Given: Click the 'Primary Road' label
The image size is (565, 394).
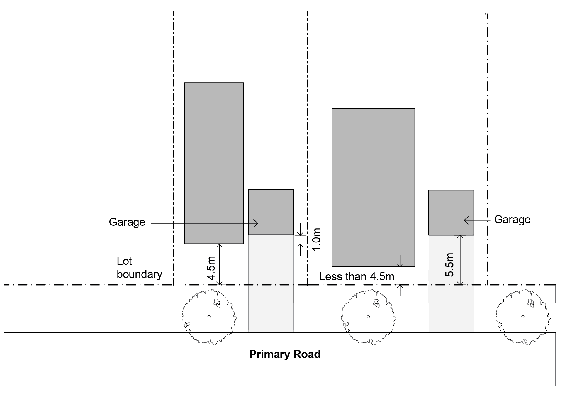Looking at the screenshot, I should click(285, 354).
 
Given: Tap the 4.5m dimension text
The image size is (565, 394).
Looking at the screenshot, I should click(211, 268).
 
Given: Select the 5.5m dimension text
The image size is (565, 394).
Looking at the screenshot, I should click(449, 265).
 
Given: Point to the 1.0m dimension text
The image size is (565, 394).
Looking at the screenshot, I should click(317, 239).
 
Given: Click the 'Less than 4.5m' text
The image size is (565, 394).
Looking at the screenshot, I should click(357, 276).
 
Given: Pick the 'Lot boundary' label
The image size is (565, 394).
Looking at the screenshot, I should click(139, 268).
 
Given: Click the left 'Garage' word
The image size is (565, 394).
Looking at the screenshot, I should click(127, 222).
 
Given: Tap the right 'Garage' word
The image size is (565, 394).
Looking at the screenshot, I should click(512, 219).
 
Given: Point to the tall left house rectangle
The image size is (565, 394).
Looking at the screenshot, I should click(214, 163).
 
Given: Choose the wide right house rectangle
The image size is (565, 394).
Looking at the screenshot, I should click(373, 188).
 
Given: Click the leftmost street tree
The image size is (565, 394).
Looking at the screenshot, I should click(209, 317).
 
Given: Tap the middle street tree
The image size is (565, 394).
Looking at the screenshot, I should click(369, 317).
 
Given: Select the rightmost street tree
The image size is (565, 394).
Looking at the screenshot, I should click(523, 317).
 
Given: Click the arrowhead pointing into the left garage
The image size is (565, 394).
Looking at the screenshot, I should click(256, 223).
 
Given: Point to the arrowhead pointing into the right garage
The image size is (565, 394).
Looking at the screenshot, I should click(466, 220).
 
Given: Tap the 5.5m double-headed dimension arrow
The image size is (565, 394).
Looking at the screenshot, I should click(461, 260).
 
